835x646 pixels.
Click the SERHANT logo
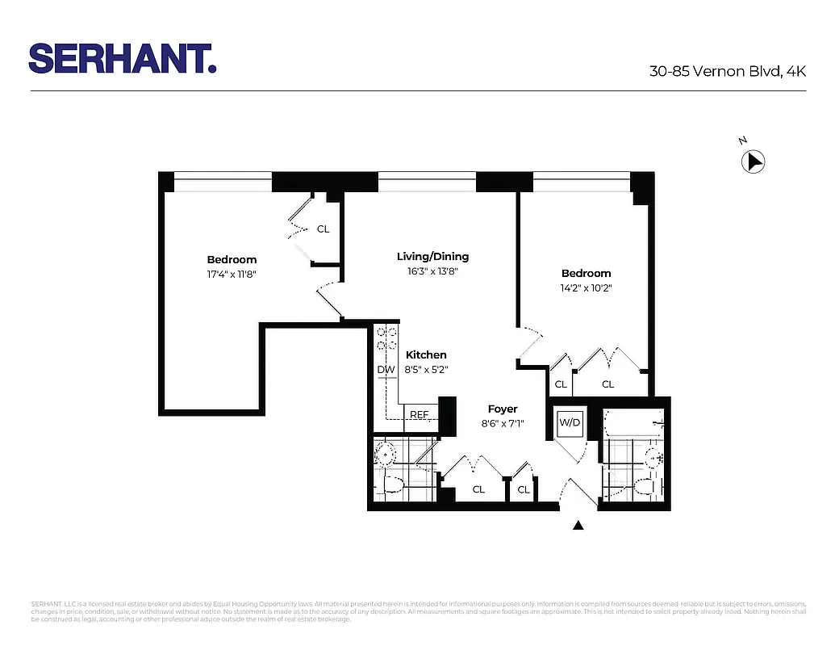tap(123, 58)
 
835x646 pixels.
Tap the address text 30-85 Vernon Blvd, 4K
tap(728, 71)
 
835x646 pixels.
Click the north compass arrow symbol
tap(753, 162)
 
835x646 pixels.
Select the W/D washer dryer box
tap(570, 422)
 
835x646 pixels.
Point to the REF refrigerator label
tap(419, 415)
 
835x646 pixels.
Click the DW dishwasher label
tap(386, 370)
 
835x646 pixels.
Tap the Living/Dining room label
tap(432, 257)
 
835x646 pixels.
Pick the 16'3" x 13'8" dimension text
tap(432, 271)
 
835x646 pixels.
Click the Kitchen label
tap(426, 354)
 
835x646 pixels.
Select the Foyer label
tap(503, 409)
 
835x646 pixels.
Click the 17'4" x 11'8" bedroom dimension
tap(232, 274)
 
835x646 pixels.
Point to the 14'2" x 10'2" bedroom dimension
tap(586, 287)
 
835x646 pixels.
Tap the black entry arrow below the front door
tap(578, 526)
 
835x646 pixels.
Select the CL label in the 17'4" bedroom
tap(323, 229)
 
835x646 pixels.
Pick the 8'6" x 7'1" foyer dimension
tap(503, 423)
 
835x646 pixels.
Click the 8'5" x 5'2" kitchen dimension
tap(426, 369)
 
